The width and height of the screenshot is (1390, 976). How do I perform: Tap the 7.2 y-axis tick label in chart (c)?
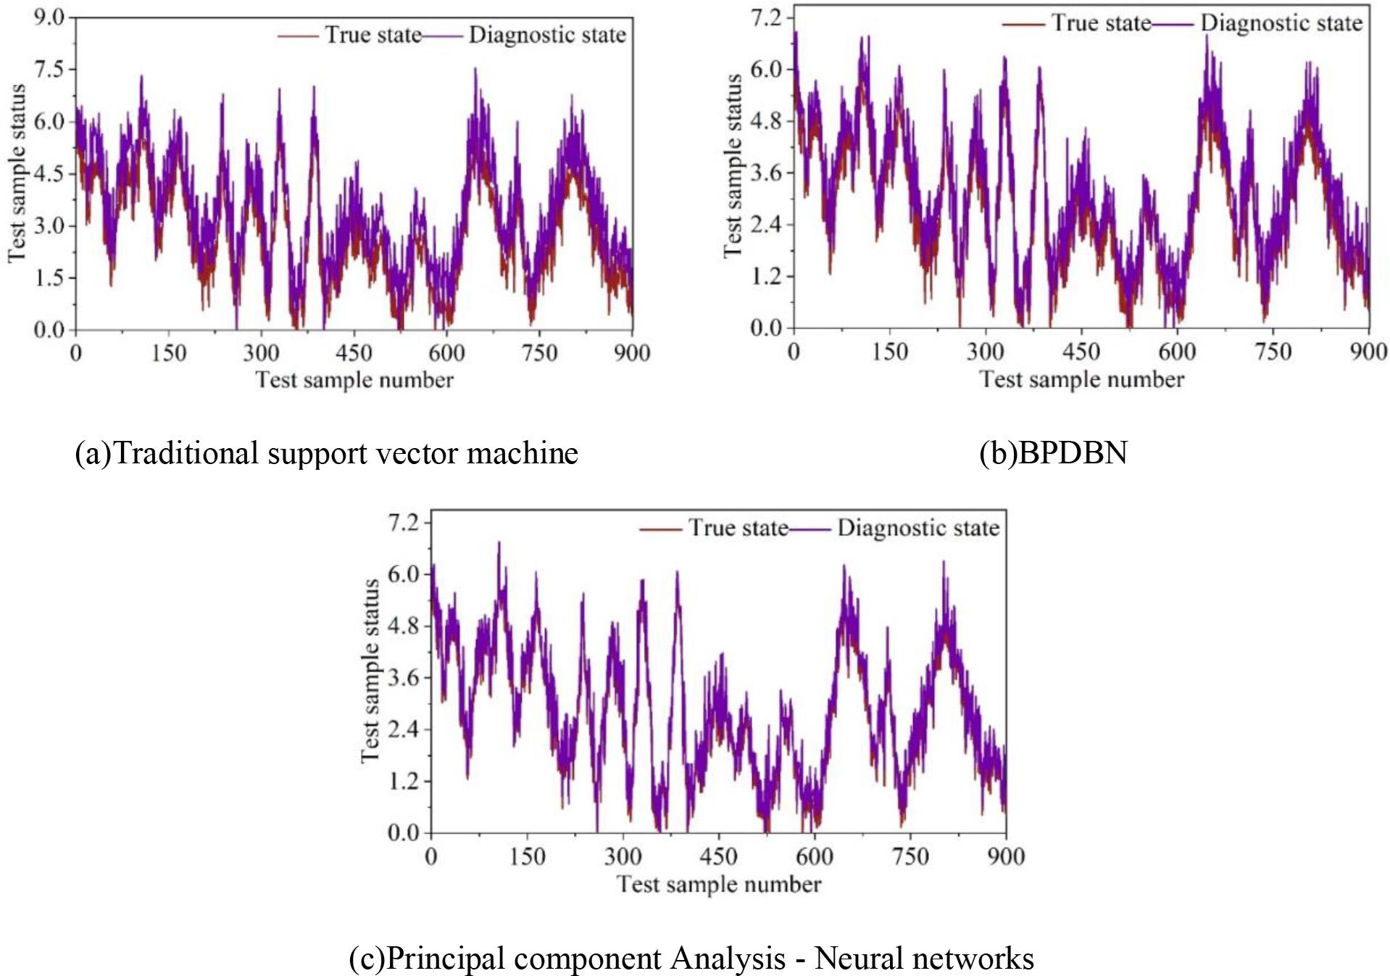[404, 522]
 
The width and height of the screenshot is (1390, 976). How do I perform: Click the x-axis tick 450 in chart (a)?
[354, 353]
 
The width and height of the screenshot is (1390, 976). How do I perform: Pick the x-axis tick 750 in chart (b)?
[1273, 352]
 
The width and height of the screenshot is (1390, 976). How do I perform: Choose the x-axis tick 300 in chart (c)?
[623, 856]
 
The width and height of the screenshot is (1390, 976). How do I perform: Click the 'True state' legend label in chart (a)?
[373, 35]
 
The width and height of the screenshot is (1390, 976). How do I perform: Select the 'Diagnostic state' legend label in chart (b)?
[1281, 23]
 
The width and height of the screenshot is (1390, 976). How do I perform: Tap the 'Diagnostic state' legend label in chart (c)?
[918, 528]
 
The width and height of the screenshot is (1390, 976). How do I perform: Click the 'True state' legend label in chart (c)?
[738, 528]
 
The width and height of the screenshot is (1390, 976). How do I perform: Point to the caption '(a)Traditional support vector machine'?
[327, 453]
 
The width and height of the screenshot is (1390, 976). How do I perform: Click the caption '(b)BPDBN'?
[1053, 453]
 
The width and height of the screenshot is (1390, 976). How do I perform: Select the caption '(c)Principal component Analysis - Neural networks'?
[691, 958]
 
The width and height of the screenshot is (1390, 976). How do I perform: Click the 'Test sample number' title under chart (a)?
[354, 380]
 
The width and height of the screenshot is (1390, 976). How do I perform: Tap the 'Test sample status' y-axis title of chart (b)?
[733, 165]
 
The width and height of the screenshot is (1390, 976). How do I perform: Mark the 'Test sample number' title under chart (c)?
[719, 885]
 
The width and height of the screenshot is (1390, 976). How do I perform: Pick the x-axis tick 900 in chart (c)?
[1006, 856]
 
